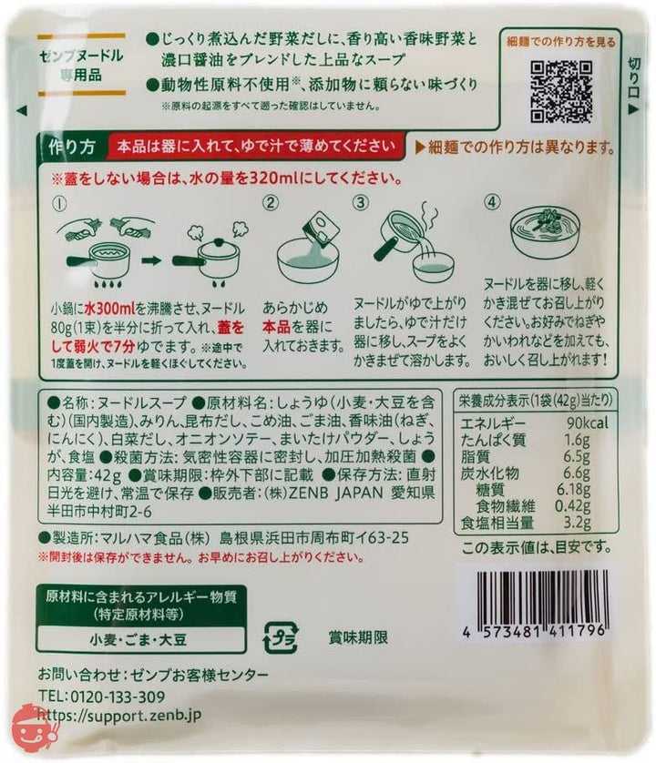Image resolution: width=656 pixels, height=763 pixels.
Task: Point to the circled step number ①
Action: (60, 203)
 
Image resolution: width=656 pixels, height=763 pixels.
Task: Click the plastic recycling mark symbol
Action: (279, 636)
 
